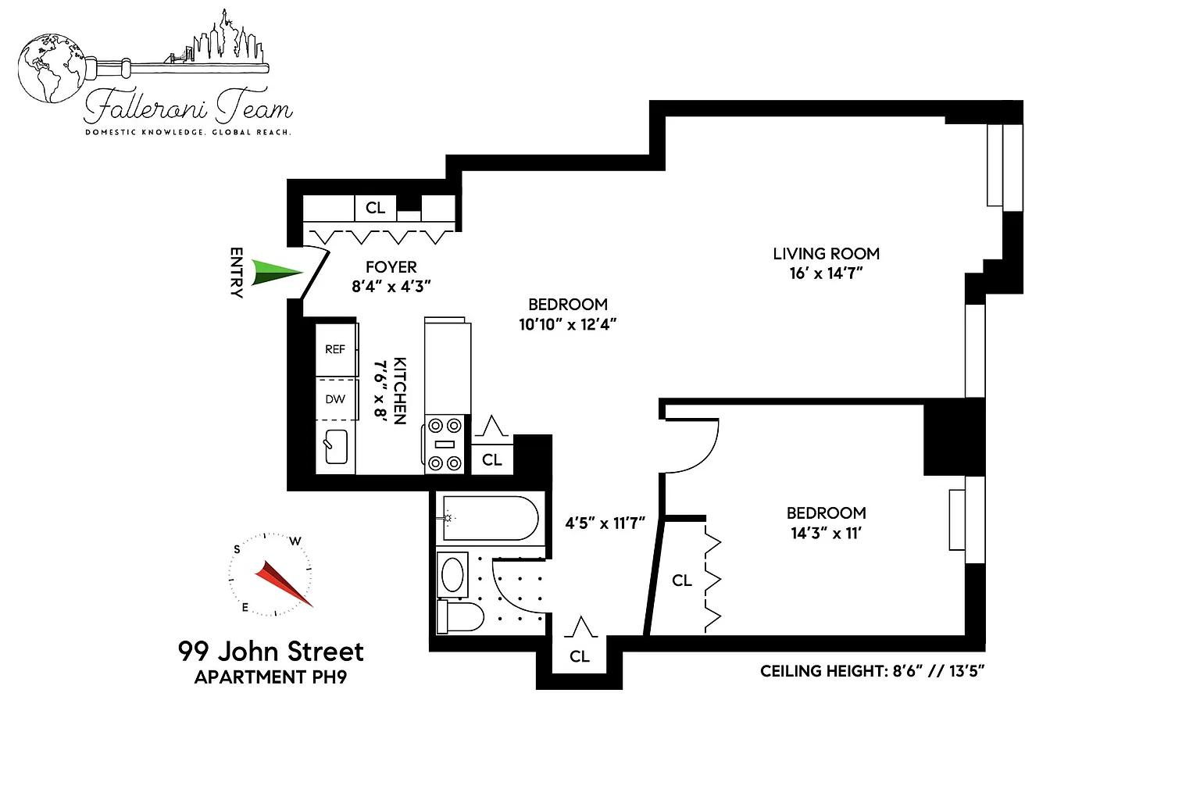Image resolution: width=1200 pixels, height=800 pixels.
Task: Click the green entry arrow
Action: click(x=277, y=272)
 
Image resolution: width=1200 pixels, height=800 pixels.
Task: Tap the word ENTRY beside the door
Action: click(x=236, y=272)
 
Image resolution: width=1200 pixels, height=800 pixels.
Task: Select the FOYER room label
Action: click(x=391, y=267)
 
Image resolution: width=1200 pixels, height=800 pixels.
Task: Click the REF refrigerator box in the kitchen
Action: click(x=336, y=349)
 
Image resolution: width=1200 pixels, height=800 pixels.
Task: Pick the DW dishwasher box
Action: click(x=336, y=398)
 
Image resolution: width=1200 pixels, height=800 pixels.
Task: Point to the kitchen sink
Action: click(x=336, y=446)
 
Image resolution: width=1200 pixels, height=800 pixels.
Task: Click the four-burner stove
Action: click(x=445, y=445)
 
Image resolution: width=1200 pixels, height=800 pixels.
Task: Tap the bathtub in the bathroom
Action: click(x=490, y=518)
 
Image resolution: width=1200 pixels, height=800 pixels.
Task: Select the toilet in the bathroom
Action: click(x=460, y=616)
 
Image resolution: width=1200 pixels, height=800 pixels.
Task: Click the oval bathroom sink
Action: click(x=452, y=574)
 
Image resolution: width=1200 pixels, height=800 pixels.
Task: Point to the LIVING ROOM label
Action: click(x=826, y=253)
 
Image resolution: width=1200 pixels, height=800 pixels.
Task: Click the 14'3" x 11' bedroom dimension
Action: click(x=826, y=534)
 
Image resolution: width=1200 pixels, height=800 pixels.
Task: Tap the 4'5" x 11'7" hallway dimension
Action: click(x=605, y=523)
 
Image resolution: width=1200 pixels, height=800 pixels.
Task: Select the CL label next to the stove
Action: click(x=491, y=459)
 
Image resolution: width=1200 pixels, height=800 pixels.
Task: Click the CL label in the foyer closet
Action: click(x=375, y=208)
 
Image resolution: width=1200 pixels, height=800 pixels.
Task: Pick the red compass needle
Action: click(x=284, y=584)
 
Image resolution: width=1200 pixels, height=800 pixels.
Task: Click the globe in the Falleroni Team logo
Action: click(x=52, y=68)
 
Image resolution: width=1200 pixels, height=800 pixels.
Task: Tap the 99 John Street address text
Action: click(x=270, y=652)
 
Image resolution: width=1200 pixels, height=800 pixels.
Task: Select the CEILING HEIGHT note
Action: click(x=872, y=671)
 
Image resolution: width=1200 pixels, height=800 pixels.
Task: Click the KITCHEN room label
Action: click(x=400, y=391)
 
